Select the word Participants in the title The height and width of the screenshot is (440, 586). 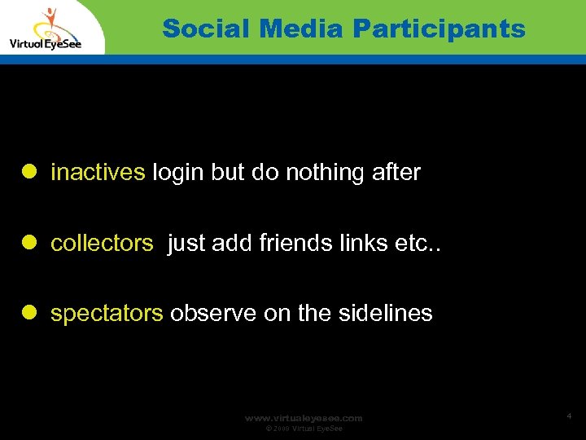coord(439,29)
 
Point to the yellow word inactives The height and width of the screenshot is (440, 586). coord(98,172)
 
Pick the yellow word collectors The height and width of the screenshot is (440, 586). coord(102,243)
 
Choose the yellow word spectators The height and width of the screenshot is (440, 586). coord(107,314)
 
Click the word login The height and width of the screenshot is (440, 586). coord(178,172)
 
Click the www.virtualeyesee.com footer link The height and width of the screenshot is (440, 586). coord(304,418)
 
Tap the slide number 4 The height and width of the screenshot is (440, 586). coord(569,416)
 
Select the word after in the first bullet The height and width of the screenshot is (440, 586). coord(394,172)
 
